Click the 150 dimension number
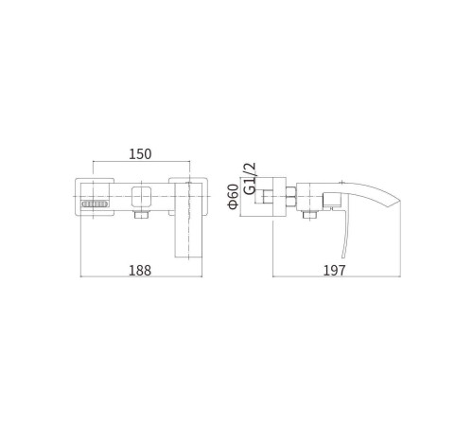[x=140, y=153]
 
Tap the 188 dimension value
[x=140, y=271]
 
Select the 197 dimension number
[x=335, y=271]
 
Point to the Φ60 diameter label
[x=234, y=196]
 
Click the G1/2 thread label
[x=251, y=179]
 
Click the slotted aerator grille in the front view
[x=95, y=204]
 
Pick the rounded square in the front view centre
[x=141, y=196]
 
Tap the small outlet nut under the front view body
[x=141, y=215]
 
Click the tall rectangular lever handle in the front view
[x=188, y=221]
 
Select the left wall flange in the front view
[x=95, y=197]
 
